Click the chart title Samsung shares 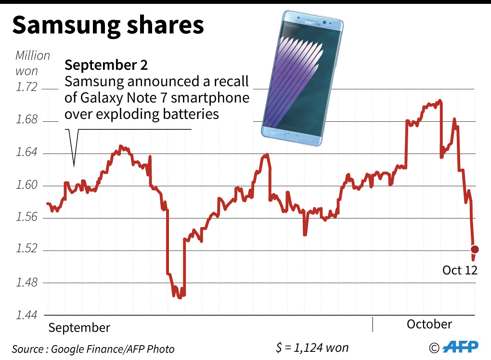(x=108, y=26)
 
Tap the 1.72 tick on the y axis (x=26, y=89)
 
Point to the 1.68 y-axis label (x=26, y=120)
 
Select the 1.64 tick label (x=26, y=154)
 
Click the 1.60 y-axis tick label (x=26, y=186)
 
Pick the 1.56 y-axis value (x=26, y=218)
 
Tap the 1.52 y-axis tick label (x=26, y=250)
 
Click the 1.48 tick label (x=26, y=283)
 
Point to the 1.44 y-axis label (x=26, y=315)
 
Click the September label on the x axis (x=79, y=328)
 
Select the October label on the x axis (x=429, y=324)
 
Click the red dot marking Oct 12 (x=475, y=249)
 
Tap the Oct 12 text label (x=460, y=270)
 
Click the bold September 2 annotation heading (x=106, y=65)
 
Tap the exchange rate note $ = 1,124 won (x=312, y=347)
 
